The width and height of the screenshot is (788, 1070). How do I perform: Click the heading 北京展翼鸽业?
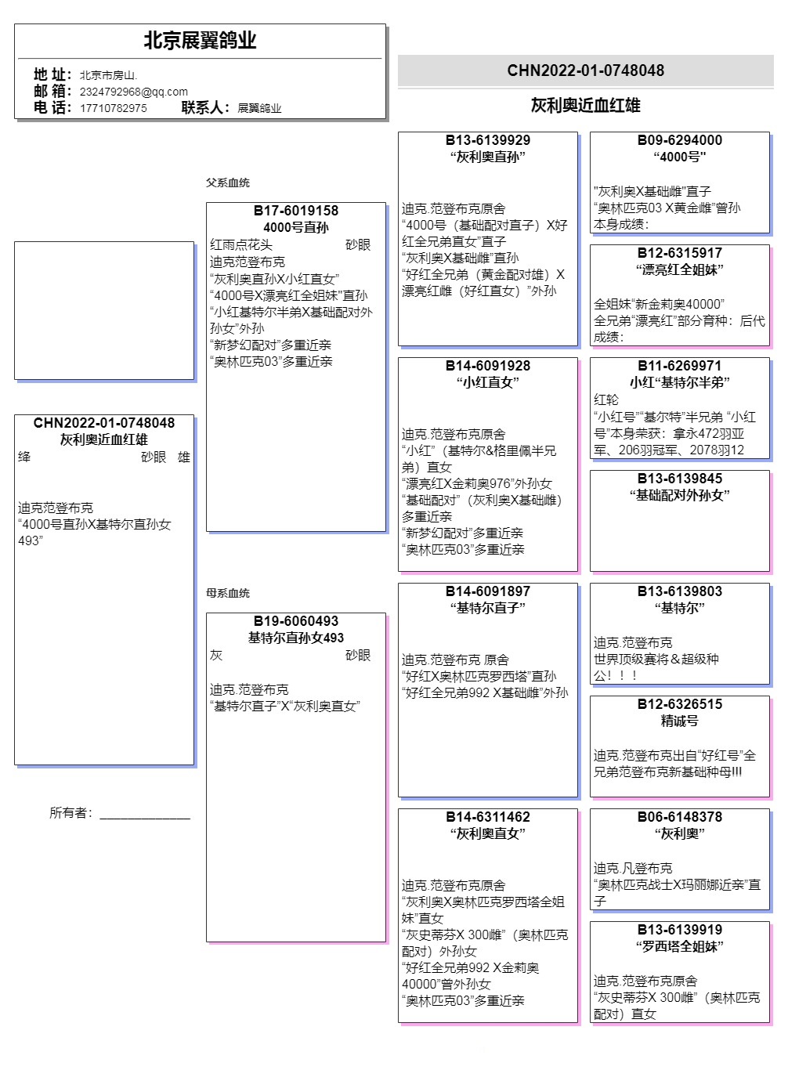click(200, 41)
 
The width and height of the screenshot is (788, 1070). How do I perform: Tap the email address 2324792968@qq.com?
click(133, 92)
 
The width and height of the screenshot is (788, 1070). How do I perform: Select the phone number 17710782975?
click(113, 108)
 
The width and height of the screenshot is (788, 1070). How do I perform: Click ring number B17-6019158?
click(296, 211)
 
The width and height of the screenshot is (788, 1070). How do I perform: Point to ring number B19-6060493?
click(296, 621)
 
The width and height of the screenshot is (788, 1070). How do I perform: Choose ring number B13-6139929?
click(488, 140)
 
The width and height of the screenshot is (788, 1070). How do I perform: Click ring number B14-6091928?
click(488, 366)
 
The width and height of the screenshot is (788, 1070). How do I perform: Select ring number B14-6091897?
click(488, 591)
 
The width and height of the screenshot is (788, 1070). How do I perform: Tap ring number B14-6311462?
click(488, 817)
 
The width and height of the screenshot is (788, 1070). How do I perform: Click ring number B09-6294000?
click(680, 140)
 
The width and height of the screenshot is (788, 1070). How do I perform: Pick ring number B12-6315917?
click(680, 253)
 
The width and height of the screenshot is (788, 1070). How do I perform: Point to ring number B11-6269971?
click(680, 366)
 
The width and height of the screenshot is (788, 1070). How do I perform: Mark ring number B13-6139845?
click(680, 479)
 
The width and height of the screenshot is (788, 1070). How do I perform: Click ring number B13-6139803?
click(680, 591)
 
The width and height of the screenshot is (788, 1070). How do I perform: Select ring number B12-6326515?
click(680, 704)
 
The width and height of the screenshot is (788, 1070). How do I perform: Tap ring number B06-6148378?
click(680, 817)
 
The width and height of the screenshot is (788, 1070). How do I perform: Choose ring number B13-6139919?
click(680, 930)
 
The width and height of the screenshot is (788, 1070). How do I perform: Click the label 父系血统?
click(228, 183)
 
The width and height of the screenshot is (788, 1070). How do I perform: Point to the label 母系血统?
click(228, 593)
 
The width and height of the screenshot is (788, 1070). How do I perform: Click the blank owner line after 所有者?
click(145, 815)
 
